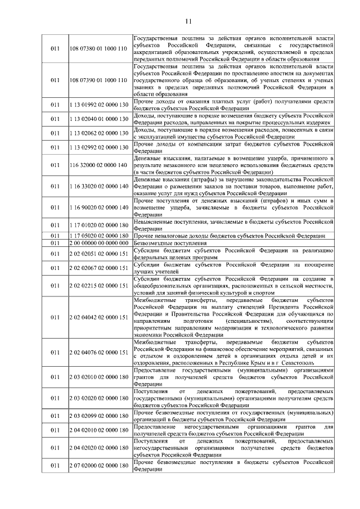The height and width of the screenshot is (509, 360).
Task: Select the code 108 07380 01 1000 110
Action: [98, 49]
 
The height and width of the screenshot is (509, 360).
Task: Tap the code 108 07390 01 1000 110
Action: [98, 80]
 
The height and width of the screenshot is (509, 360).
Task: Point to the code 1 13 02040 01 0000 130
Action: [98, 119]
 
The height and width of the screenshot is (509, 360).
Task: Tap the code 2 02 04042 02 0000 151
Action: [98, 317]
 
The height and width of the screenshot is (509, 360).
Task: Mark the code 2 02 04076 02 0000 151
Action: [98, 352]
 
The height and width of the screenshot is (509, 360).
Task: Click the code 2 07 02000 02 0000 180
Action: [98, 466]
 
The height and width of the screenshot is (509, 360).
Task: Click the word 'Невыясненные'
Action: [156, 222]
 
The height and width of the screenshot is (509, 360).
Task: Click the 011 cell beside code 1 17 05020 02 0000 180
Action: [55, 236]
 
